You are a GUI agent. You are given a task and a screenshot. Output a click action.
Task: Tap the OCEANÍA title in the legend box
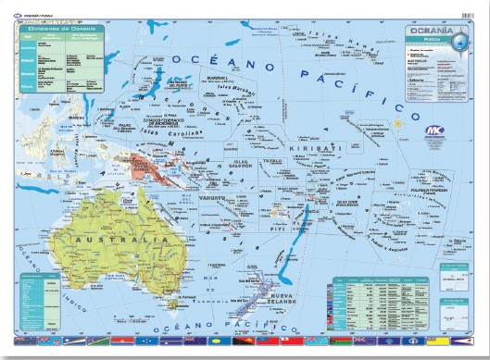[x=430, y=31]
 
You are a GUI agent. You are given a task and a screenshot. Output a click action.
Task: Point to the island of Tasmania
[x=170, y=302]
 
